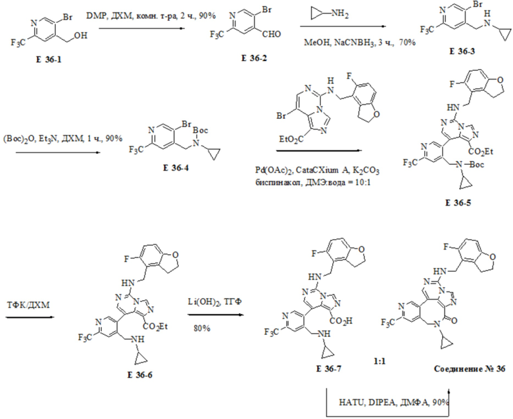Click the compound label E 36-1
(49, 60)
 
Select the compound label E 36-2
(255, 58)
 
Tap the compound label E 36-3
(462, 51)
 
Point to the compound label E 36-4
(176, 168)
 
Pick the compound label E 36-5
(458, 202)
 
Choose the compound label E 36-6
(139, 375)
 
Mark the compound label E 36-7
(329, 368)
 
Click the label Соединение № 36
(470, 368)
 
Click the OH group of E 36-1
(80, 35)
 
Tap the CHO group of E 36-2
(272, 34)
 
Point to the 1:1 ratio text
(379, 361)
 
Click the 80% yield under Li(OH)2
(202, 328)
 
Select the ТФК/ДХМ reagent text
(28, 305)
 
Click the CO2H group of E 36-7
(341, 321)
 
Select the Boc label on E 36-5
(477, 165)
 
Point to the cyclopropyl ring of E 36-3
(504, 33)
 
